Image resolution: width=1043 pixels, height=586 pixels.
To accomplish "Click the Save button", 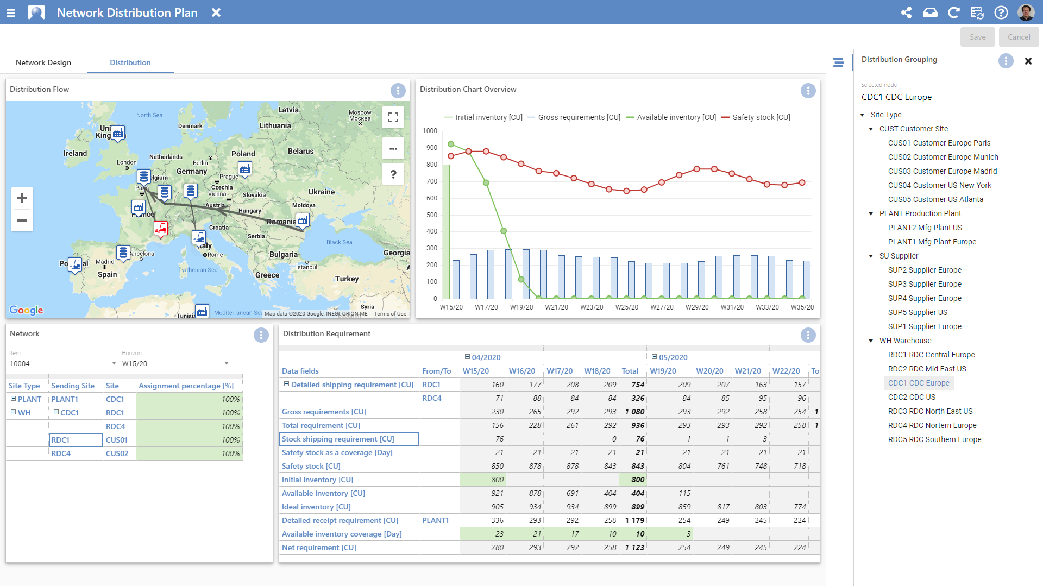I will coord(977,37).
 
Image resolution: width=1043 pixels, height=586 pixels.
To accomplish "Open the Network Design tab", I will coord(43,62).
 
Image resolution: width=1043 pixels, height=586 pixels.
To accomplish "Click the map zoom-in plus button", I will coord(22,198).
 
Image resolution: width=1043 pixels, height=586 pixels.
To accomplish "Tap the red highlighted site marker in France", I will coord(161,229).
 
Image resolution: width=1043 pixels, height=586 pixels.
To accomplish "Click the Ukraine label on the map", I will coord(321,192).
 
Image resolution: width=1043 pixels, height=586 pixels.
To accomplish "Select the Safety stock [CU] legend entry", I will coord(761,117).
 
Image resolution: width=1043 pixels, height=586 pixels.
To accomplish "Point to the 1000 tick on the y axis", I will coord(430,131).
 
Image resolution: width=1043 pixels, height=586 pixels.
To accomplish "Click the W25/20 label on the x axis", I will coord(626,307).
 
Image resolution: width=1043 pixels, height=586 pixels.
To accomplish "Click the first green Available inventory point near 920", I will coord(451,144).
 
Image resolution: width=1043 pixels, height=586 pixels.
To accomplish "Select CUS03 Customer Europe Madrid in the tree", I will coord(942,171).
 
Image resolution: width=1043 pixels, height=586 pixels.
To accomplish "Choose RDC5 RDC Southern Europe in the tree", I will coord(934,439).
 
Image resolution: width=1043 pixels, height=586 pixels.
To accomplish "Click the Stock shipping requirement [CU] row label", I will coord(338,439).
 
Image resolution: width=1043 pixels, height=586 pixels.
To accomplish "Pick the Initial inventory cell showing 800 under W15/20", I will coord(483,480).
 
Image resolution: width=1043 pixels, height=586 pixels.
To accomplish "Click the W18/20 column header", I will coord(597,371).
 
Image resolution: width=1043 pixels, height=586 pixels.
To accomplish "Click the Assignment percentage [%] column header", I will coord(186,386).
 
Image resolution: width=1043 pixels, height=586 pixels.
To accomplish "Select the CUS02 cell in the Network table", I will coord(117,453).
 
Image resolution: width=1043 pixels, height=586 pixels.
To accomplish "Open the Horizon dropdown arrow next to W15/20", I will coord(227,363).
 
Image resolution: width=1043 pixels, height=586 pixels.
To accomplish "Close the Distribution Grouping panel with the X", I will coord(1028,61).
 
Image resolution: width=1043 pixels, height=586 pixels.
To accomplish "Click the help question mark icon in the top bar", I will coord(1001,12).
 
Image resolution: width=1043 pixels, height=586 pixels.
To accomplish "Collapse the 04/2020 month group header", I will coord(467,357).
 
